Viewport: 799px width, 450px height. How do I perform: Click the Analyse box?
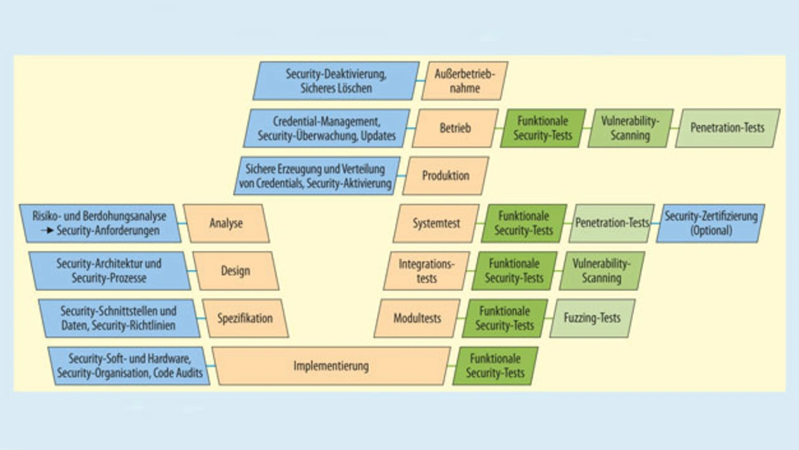point(226,223)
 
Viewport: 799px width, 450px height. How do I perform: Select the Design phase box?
point(235,271)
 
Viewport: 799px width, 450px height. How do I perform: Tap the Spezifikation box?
point(245,318)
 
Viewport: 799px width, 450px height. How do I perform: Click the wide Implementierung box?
point(331,366)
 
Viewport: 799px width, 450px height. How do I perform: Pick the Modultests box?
point(417,318)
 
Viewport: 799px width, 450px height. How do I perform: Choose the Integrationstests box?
point(426,271)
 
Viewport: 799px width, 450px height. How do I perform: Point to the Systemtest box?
point(436,223)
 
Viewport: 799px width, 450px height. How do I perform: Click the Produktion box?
point(445,176)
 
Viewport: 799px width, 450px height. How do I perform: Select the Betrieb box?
point(455,129)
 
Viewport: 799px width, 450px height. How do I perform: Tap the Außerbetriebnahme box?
point(464,81)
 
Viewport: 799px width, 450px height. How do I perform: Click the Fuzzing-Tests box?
point(592,318)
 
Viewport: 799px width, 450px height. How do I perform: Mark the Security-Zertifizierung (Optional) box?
point(710,223)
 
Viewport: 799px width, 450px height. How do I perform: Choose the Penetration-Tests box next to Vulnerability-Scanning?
point(727,129)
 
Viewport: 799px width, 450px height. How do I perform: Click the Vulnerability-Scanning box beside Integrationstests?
point(601,271)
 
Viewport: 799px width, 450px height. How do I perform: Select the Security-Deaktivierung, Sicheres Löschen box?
point(336,81)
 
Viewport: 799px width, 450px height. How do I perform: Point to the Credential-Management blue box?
point(326,129)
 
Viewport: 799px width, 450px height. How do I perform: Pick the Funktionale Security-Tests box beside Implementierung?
point(495,366)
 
